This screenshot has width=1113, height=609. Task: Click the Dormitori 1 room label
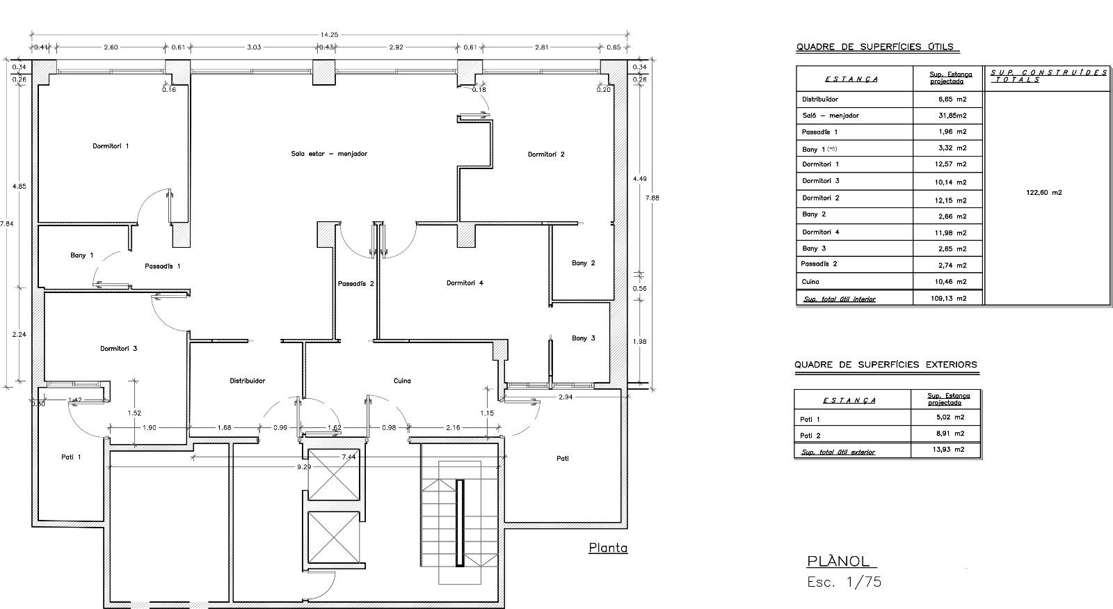pyautogui.click(x=111, y=145)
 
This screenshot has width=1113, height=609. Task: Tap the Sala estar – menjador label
pyautogui.click(x=329, y=154)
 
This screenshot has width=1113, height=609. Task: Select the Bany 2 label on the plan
pyautogui.click(x=584, y=263)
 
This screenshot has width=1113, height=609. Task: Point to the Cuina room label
pyautogui.click(x=402, y=381)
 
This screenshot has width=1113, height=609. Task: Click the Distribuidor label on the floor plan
pyautogui.click(x=247, y=381)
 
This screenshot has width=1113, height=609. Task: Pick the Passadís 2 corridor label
pyautogui.click(x=355, y=284)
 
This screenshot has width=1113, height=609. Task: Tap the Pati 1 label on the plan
pyautogui.click(x=71, y=457)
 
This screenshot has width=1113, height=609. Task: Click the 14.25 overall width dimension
pyautogui.click(x=329, y=35)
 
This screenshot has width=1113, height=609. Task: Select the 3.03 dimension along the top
pyautogui.click(x=254, y=47)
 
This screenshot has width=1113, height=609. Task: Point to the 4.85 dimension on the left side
pyautogui.click(x=19, y=187)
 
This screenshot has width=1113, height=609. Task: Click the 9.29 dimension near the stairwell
pyautogui.click(x=304, y=467)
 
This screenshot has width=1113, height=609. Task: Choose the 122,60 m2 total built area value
pyautogui.click(x=1044, y=192)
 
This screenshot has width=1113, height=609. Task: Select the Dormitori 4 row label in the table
pyautogui.click(x=820, y=232)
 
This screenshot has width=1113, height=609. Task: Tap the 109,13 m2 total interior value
pyautogui.click(x=949, y=299)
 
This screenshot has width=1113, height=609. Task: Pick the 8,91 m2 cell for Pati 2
pyautogui.click(x=950, y=434)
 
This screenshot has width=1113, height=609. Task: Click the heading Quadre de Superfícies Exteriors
pyautogui.click(x=886, y=365)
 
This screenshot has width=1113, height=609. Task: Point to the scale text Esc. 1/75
pyautogui.click(x=844, y=582)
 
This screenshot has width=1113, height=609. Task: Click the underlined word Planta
pyautogui.click(x=608, y=548)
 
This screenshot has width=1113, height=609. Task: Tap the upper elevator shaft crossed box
pyautogui.click(x=333, y=474)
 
